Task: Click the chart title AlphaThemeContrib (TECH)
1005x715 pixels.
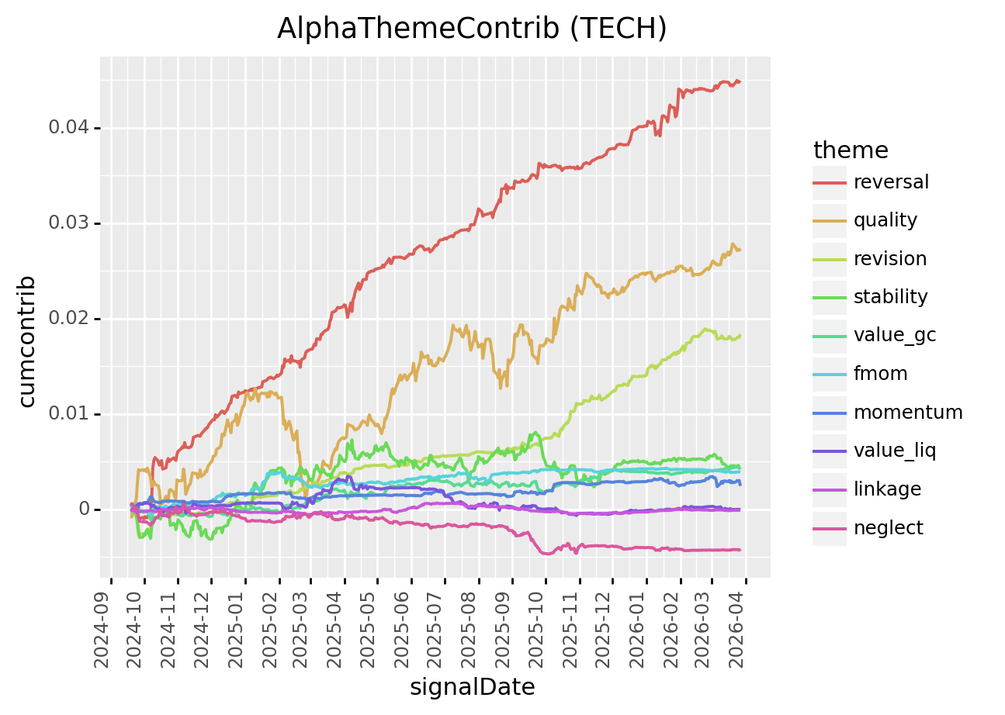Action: pos(472,28)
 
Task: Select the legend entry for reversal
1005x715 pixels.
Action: pos(891,182)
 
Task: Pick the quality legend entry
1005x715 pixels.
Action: pos(885,220)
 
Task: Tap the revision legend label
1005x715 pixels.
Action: pos(889,259)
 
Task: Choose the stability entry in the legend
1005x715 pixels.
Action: pos(890,297)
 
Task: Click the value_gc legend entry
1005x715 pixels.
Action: pos(894,335)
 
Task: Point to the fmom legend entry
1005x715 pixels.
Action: pos(880,374)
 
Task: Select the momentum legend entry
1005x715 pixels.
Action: pos(907,413)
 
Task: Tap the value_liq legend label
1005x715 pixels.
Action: pos(894,451)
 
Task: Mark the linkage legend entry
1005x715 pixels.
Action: pos(887,489)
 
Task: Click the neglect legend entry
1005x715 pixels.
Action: pos(888,528)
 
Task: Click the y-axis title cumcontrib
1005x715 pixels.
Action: pos(28,340)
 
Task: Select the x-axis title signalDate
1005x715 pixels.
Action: pos(472,687)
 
